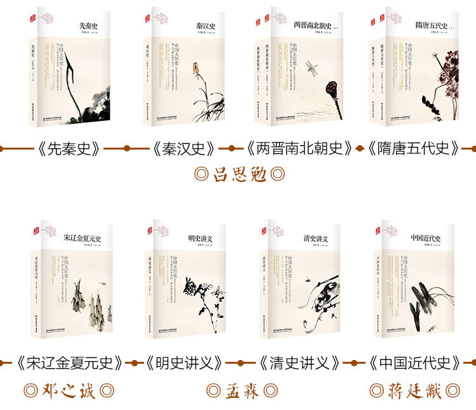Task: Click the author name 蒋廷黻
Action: pos(415,390)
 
